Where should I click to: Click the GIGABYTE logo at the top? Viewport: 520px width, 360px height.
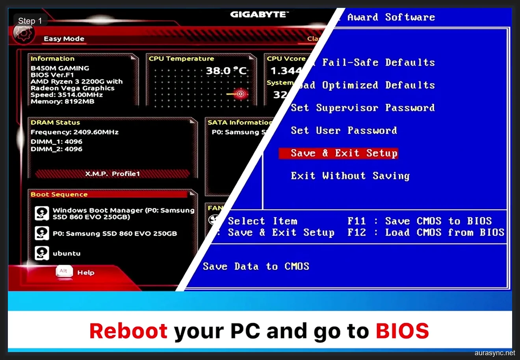tap(259, 15)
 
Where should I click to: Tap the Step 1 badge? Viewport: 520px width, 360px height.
tap(30, 21)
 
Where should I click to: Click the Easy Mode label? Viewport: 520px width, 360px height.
tap(64, 39)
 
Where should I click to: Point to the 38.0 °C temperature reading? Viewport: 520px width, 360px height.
tap(227, 71)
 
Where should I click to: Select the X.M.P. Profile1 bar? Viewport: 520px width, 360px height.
tap(112, 174)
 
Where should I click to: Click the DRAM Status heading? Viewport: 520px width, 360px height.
tap(55, 123)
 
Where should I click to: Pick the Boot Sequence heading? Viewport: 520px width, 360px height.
tap(59, 194)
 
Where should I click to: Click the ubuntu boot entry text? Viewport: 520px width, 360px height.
tap(67, 254)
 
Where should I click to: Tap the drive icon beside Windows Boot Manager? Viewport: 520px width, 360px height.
tap(42, 213)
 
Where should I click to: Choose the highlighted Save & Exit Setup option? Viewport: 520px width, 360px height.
tap(338, 153)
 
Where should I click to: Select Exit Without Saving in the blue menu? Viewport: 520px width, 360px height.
tap(350, 176)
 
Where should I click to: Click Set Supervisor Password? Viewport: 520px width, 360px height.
tap(362, 108)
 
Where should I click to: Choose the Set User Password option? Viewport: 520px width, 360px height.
tap(344, 131)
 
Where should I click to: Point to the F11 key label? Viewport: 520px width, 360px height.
tap(357, 221)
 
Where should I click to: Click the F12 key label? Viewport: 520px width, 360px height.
tap(357, 233)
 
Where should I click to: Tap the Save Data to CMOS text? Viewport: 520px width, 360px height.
tap(256, 267)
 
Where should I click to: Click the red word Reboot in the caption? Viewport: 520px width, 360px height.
tap(128, 331)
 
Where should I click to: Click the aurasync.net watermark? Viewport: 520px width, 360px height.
tap(494, 353)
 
